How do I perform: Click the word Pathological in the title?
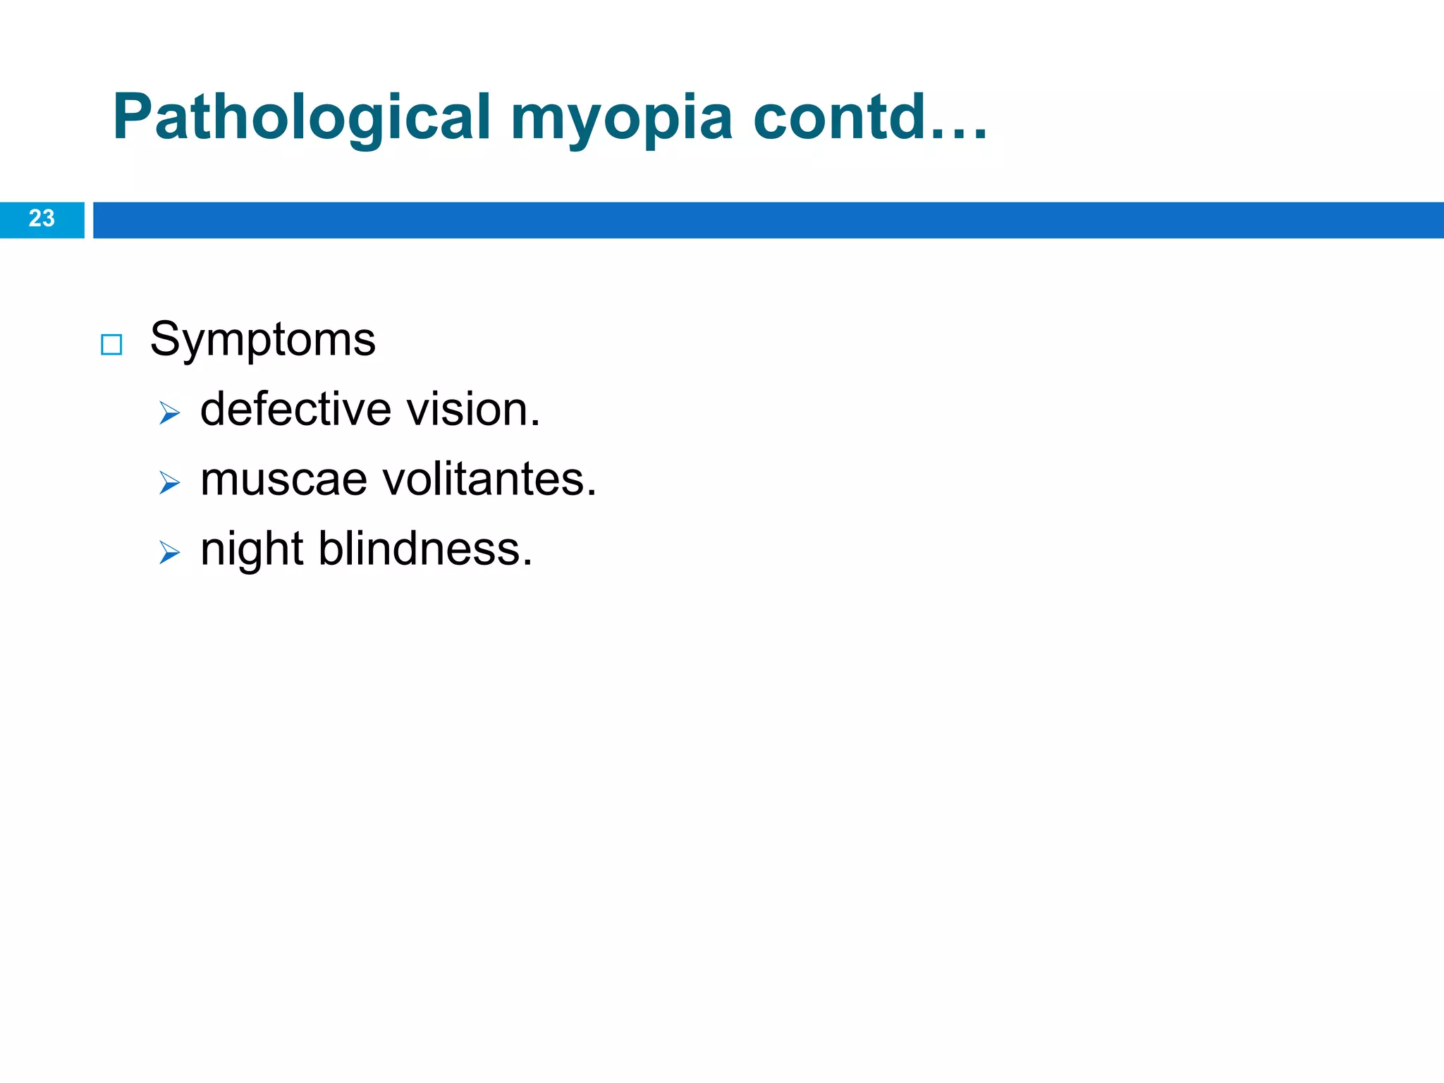301,118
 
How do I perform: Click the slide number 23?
42,219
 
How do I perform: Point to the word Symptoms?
262,341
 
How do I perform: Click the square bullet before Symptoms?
111,345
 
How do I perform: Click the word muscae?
283,479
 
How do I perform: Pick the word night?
252,550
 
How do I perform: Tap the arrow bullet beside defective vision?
169,412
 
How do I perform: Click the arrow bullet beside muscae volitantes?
169,483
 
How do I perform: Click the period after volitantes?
592,494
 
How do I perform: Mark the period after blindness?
527,564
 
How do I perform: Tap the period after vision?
535,424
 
